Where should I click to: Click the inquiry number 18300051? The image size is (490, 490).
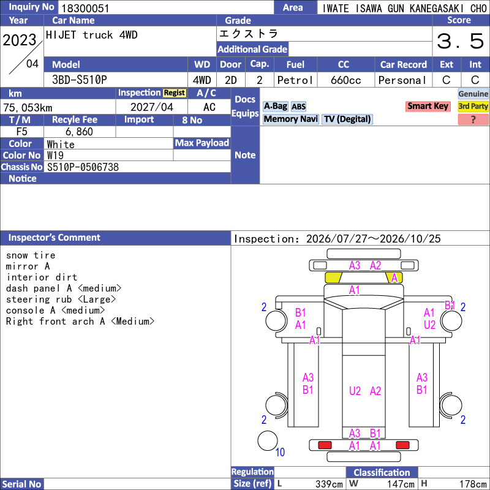tap(85, 8)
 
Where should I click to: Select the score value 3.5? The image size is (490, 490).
tap(461, 41)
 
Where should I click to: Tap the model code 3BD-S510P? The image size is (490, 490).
tap(80, 80)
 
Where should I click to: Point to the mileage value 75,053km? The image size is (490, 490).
tap(28, 108)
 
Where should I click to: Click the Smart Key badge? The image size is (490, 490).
tap(428, 106)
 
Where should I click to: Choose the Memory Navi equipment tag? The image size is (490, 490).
tap(290, 119)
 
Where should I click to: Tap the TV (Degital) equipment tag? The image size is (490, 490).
tap(347, 119)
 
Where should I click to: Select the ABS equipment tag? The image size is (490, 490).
tap(298, 107)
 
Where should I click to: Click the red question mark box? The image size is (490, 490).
tap(473, 119)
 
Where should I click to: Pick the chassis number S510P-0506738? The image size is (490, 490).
tap(83, 167)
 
